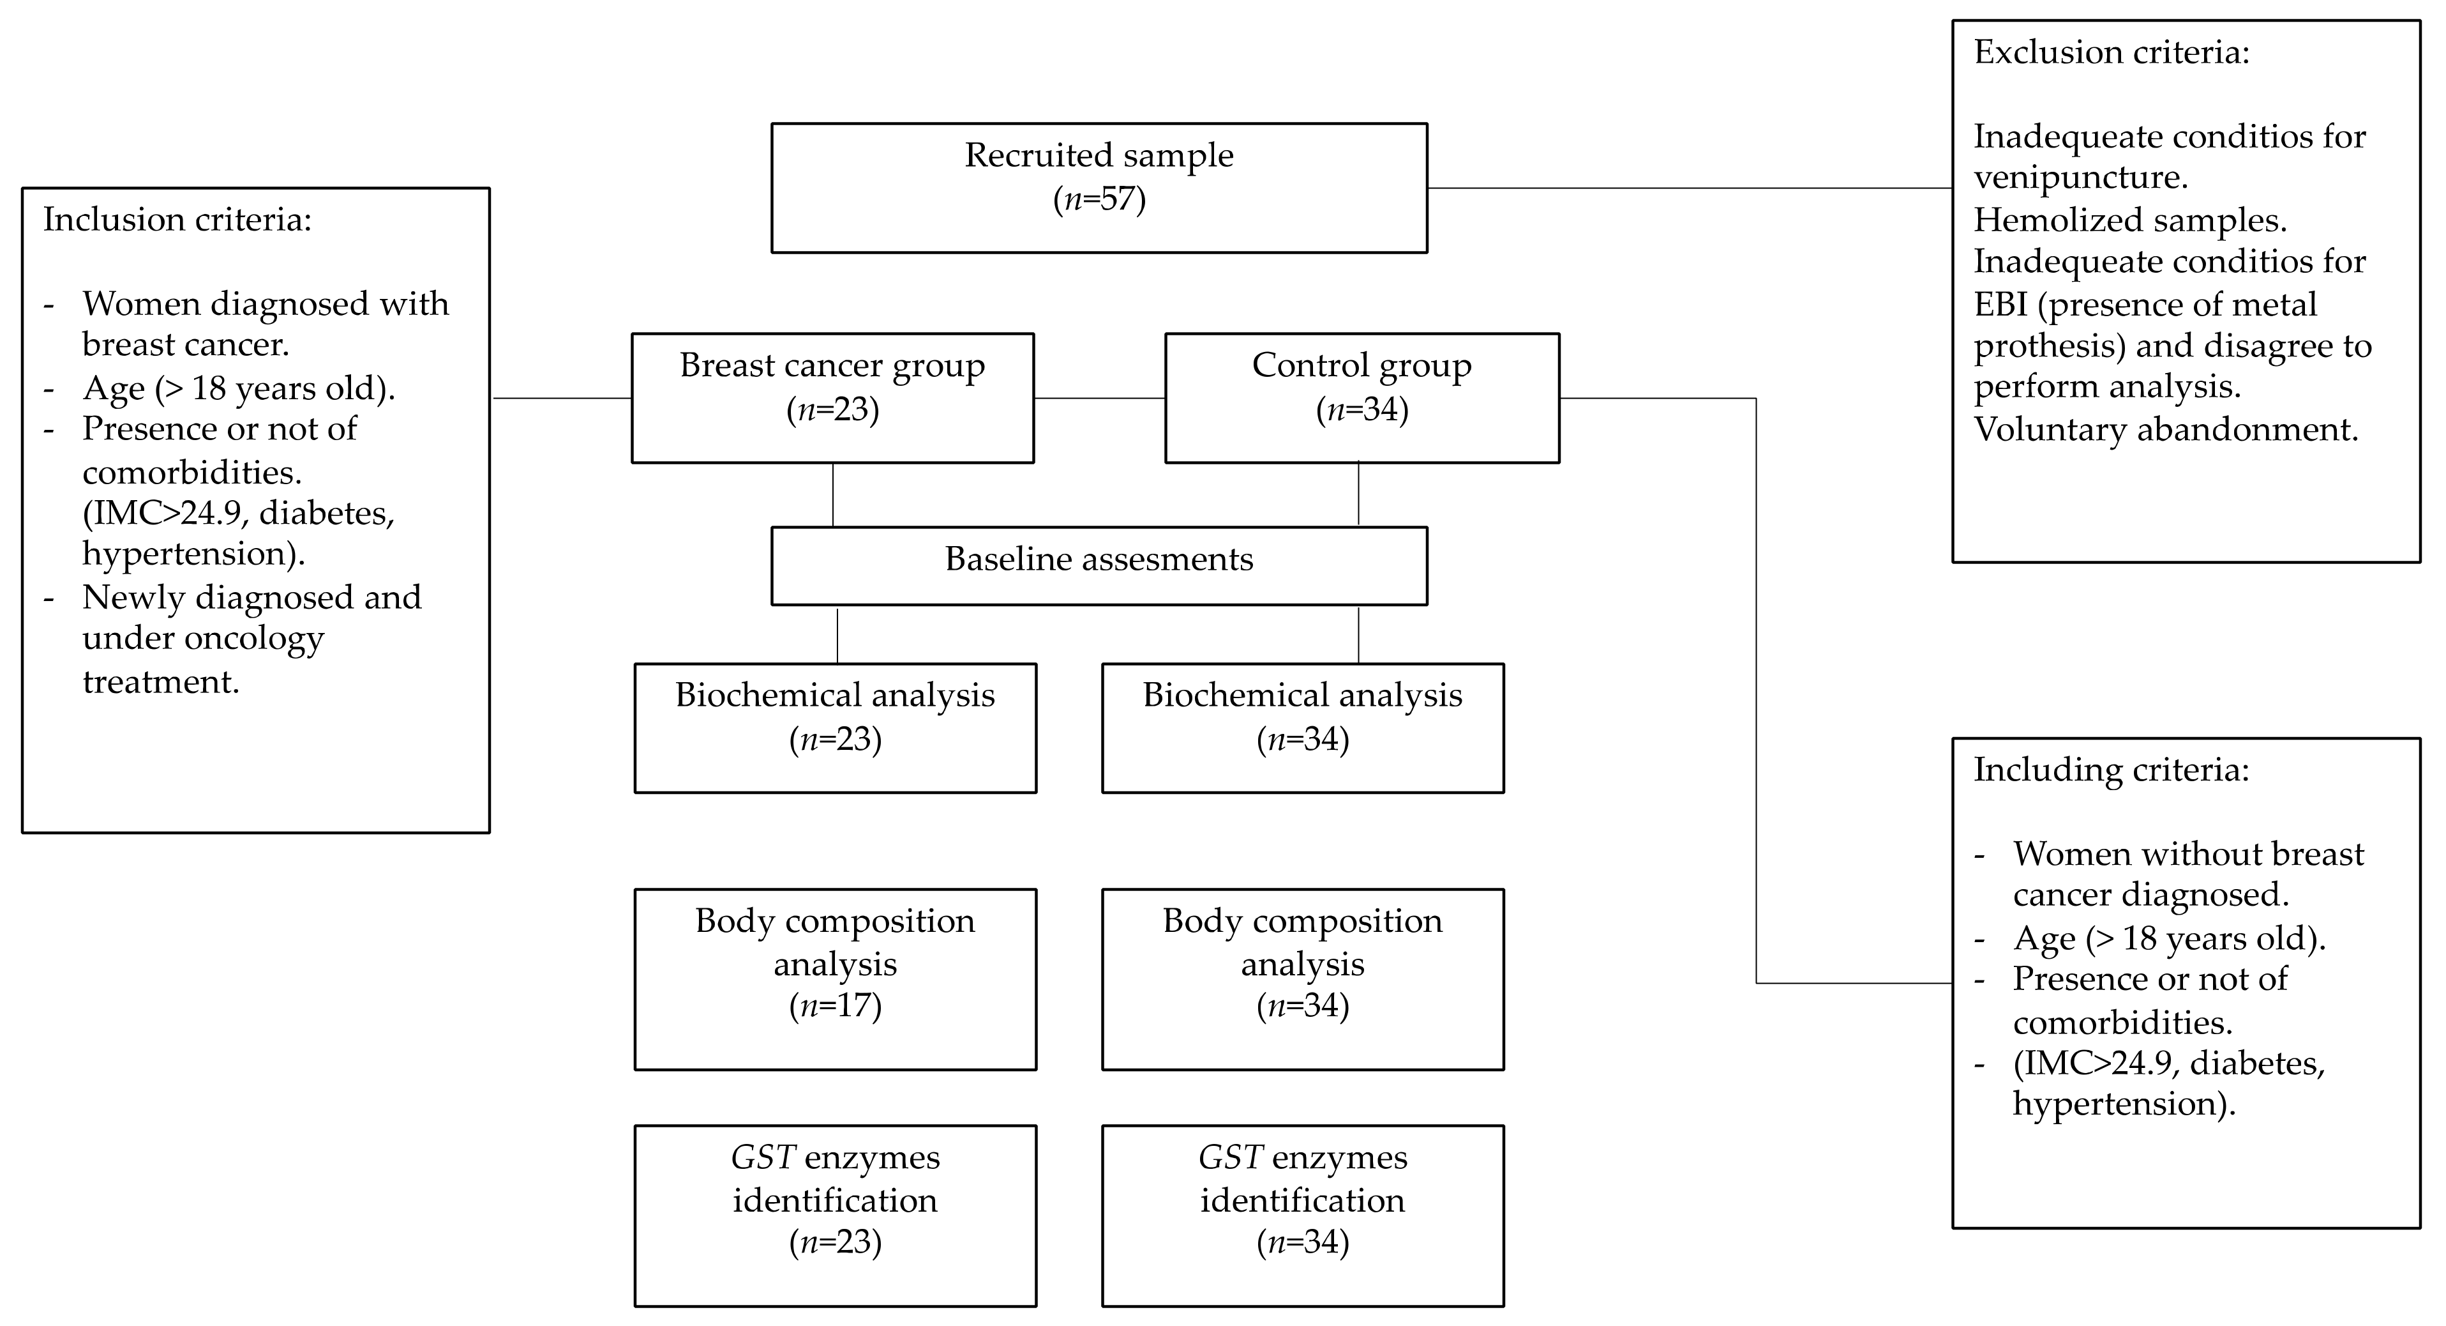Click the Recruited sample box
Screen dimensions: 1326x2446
coord(1099,187)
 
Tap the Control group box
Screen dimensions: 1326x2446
coord(1361,397)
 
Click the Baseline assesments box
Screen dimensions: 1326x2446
coord(1099,565)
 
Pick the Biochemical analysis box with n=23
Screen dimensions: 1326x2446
coord(835,728)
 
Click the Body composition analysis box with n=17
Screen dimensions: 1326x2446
coord(835,979)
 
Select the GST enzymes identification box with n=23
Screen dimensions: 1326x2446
coord(835,1215)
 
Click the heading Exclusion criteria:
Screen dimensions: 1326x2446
coord(2111,52)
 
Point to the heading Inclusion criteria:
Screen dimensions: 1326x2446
coord(177,220)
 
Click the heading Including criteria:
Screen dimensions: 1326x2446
coord(2111,770)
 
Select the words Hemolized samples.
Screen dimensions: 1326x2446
coord(2130,220)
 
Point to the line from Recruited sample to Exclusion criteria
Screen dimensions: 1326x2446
coord(1690,188)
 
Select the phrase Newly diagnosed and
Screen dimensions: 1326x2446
coord(251,597)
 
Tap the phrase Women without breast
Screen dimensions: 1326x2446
coord(2187,854)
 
